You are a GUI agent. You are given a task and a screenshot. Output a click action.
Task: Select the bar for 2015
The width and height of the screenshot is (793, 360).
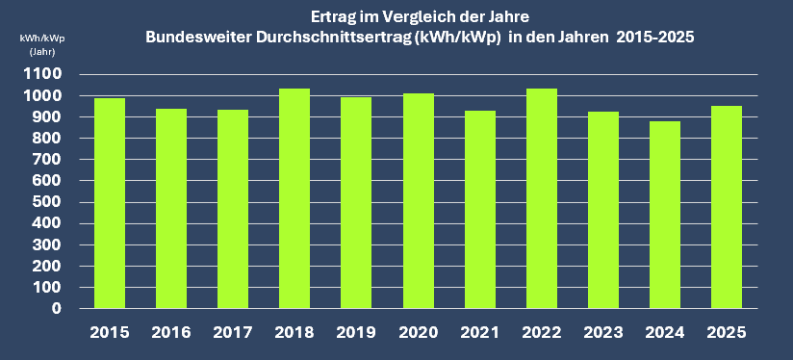point(109,203)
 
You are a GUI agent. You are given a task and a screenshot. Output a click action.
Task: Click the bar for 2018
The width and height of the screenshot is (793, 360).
point(294,198)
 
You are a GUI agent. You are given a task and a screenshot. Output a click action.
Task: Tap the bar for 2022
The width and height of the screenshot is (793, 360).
point(542,198)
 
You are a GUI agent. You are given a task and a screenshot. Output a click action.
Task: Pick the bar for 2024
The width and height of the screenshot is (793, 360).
point(665,215)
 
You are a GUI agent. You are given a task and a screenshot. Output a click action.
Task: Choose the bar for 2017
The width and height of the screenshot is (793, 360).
point(232,209)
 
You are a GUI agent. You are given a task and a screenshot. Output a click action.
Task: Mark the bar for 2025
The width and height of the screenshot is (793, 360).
point(727,207)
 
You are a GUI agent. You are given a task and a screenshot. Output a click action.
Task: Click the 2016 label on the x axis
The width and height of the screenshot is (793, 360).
point(170,333)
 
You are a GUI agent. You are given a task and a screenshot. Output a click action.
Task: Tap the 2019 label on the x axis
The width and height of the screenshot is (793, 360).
point(356,333)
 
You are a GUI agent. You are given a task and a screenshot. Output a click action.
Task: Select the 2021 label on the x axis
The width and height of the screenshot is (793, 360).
point(479,333)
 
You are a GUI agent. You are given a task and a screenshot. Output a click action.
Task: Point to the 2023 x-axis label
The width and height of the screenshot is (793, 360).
point(603,333)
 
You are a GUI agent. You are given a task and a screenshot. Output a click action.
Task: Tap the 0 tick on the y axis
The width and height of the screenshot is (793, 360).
point(57,309)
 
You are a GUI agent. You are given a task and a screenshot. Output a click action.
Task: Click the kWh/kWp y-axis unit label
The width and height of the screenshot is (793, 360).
point(42,38)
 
